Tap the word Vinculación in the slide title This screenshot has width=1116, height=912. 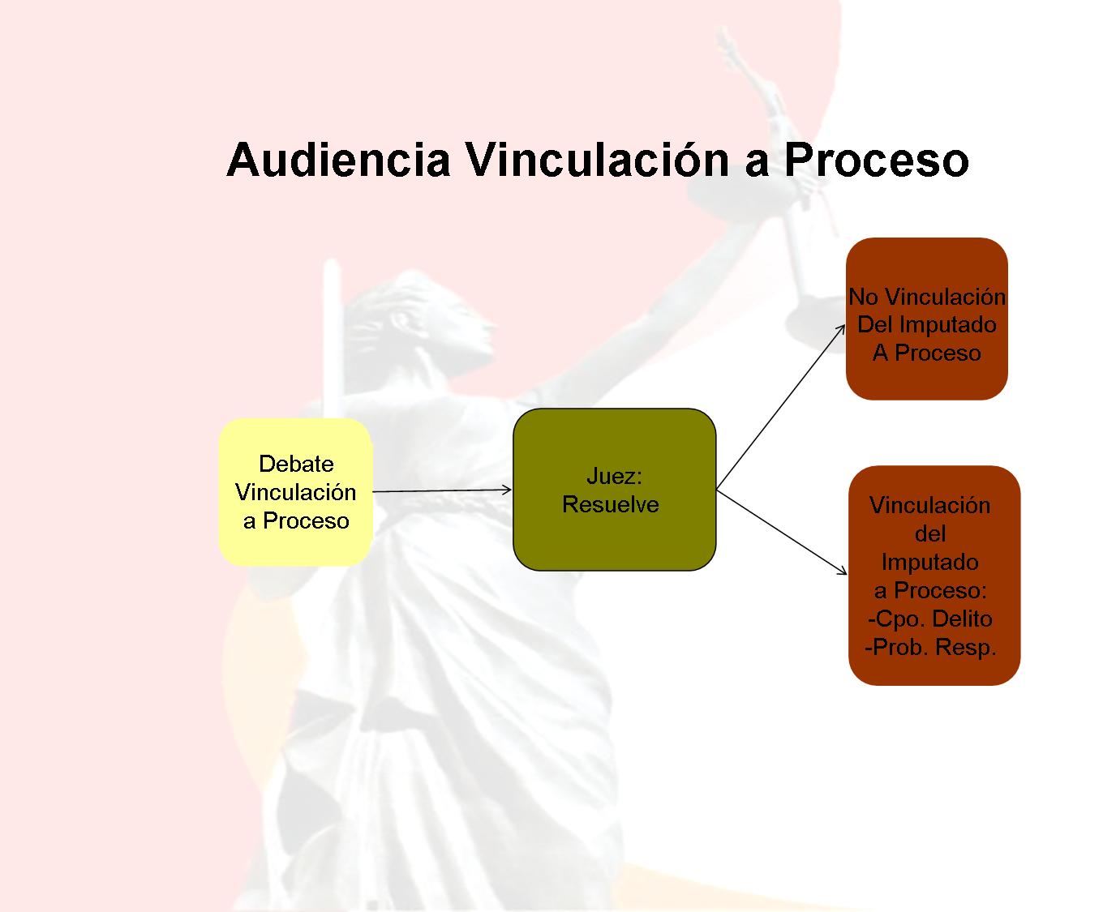pyautogui.click(x=597, y=159)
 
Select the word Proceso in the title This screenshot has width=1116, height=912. pyautogui.click(x=876, y=160)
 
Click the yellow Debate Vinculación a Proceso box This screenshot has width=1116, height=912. pyautogui.click(x=296, y=492)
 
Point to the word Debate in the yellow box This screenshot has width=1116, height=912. pyautogui.click(x=296, y=464)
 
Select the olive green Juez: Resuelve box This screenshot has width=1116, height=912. pyautogui.click(x=614, y=490)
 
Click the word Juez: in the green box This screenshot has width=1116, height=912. pyautogui.click(x=614, y=476)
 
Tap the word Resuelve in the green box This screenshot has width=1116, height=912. pyautogui.click(x=611, y=504)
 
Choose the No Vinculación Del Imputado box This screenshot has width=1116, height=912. pyautogui.click(x=926, y=319)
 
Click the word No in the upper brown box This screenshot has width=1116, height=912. pyautogui.click(x=863, y=297)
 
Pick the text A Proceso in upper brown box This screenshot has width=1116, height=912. pyautogui.click(x=926, y=353)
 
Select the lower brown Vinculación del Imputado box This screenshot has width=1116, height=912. pyautogui.click(x=934, y=576)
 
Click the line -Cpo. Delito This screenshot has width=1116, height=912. pyautogui.click(x=929, y=619)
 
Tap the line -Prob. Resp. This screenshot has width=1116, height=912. pyautogui.click(x=930, y=647)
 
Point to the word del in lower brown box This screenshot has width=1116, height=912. pyautogui.click(x=930, y=533)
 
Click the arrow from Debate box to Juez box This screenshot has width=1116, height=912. pyautogui.click(x=442, y=490)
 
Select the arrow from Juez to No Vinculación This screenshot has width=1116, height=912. pyautogui.click(x=780, y=407)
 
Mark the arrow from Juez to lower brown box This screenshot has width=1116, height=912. pyautogui.click(x=782, y=532)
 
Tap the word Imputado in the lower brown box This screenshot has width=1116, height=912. pyautogui.click(x=929, y=562)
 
